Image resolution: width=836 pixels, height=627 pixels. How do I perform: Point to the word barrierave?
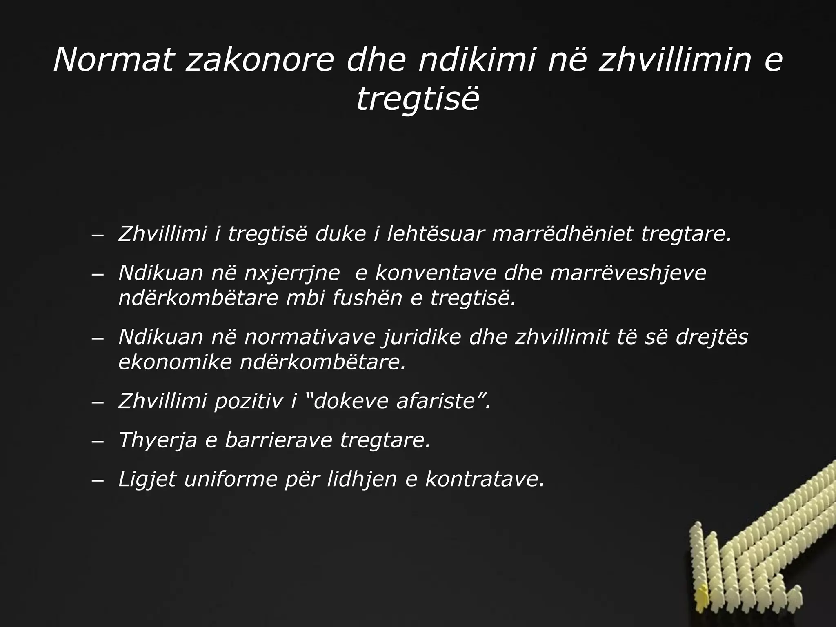[278, 440]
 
